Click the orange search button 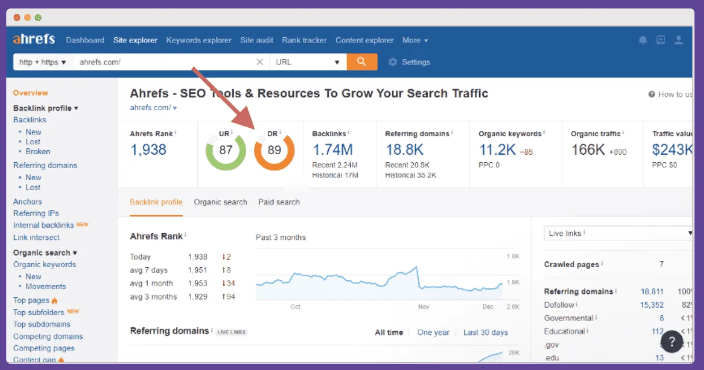tap(362, 62)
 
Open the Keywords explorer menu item tap(198, 40)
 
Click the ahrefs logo tap(34, 40)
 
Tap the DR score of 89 tap(274, 150)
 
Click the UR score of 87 tap(225, 150)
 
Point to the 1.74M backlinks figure tap(332, 150)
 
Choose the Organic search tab tap(220, 202)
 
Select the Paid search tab tap(279, 202)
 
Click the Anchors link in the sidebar tap(28, 201)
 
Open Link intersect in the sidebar tap(37, 237)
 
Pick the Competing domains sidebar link tap(48, 337)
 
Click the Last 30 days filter tap(485, 333)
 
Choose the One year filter tap(433, 333)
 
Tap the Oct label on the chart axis tap(295, 307)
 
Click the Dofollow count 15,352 tap(652, 305)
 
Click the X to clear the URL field tap(260, 62)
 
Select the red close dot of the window tap(17, 17)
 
